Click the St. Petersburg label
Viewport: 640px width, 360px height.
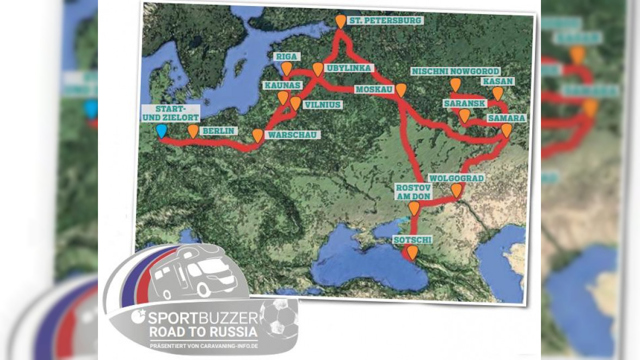coord(386,20)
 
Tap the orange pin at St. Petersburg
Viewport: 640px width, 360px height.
coord(340,21)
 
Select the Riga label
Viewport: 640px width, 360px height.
coord(286,57)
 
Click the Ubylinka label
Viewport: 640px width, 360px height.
coord(349,68)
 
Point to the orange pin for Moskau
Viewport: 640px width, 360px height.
coord(401,90)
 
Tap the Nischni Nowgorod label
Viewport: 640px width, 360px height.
coord(456,71)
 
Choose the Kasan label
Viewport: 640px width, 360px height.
coord(498,82)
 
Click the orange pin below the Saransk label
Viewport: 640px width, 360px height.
coord(464,115)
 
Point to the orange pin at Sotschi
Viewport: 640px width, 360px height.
coord(413,252)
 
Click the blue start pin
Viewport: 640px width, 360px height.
coord(161,131)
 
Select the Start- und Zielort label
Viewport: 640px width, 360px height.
coord(170,113)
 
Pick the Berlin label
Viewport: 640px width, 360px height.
coord(218,131)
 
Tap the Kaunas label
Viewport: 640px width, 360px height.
coord(280,86)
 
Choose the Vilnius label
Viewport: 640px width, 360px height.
coord(323,104)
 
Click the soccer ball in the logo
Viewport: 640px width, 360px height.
coord(278,318)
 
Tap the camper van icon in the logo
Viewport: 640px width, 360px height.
coord(193,275)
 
